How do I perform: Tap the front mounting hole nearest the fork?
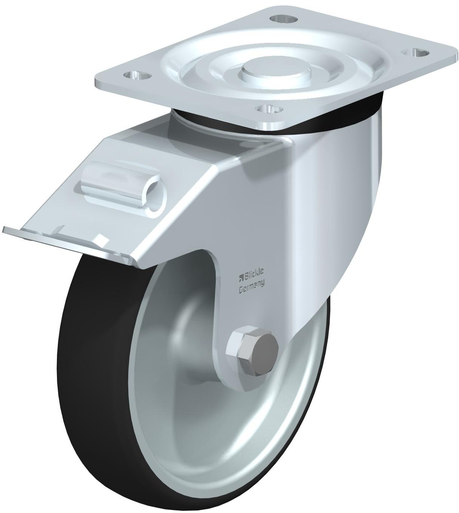[x=270, y=109]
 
